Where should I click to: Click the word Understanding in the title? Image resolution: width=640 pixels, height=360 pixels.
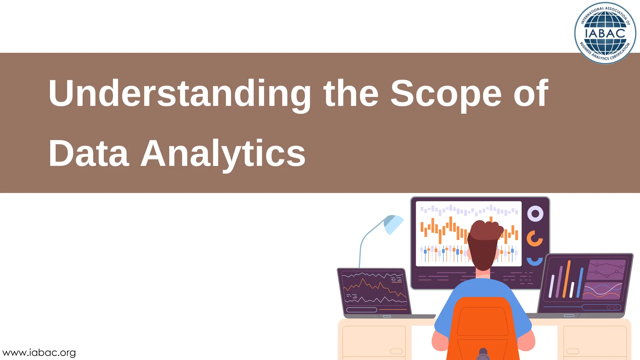pyautogui.click(x=180, y=94)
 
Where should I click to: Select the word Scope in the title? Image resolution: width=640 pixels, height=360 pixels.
pyautogui.click(x=446, y=94)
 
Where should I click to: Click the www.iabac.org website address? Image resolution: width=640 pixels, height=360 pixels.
pyautogui.click(x=39, y=352)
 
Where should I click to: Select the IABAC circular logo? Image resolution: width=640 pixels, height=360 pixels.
pyautogui.click(x=605, y=33)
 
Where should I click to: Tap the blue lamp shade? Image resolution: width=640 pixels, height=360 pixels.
pyautogui.click(x=394, y=223)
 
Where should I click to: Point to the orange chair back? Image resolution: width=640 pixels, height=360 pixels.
pyautogui.click(x=483, y=325)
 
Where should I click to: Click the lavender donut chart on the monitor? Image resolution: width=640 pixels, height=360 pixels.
pyautogui.click(x=535, y=214)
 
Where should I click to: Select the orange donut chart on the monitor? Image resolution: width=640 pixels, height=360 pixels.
pyautogui.click(x=534, y=238)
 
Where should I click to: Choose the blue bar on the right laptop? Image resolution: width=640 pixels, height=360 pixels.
pyautogui.click(x=580, y=283)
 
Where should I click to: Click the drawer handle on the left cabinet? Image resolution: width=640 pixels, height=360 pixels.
pyautogui.click(x=396, y=351)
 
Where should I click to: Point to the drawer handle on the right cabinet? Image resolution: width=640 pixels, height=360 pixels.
pyautogui.click(x=572, y=351)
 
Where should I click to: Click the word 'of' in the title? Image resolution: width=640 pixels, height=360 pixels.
pyautogui.click(x=531, y=94)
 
